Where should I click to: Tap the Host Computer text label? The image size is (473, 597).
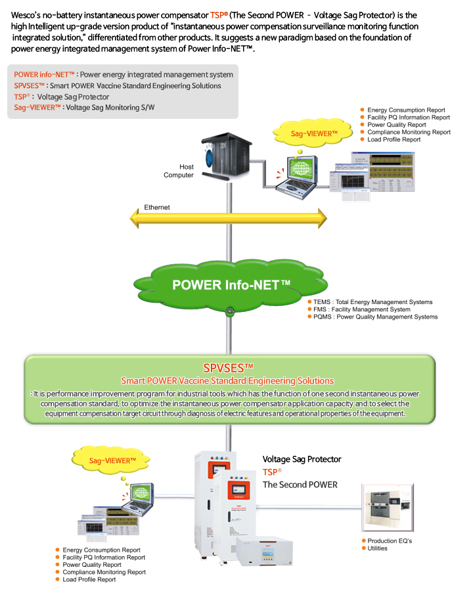pos(179,171)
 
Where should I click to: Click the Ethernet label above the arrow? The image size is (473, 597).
pos(157,208)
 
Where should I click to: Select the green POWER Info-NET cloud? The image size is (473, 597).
pos(230,285)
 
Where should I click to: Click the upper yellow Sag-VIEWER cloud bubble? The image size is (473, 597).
pos(314,133)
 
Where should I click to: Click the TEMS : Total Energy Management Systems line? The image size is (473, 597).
pos(373,302)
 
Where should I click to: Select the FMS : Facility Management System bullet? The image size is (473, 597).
pos(361,309)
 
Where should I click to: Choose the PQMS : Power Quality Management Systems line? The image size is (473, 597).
pos(375,317)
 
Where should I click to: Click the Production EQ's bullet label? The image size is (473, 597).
pos(389,541)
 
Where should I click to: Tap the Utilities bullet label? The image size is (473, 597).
pos(377,548)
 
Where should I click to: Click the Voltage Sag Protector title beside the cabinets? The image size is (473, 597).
pos(302,459)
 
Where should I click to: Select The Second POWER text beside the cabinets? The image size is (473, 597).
pos(300,485)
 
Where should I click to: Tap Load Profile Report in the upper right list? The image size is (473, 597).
pos(394,139)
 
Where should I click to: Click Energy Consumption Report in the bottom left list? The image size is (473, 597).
pos(101,550)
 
